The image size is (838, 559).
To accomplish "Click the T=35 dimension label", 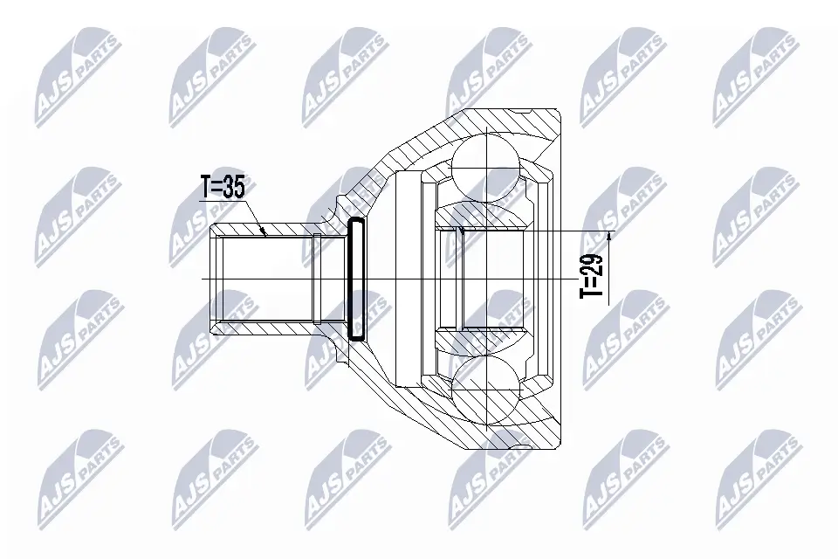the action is [223, 187].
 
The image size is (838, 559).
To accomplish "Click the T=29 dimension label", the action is [592, 275].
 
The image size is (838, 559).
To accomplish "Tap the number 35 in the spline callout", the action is [234, 187].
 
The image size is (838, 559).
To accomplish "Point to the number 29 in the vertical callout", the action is [592, 264].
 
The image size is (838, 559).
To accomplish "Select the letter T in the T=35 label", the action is [205, 187].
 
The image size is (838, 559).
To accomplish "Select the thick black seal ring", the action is [355, 279].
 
